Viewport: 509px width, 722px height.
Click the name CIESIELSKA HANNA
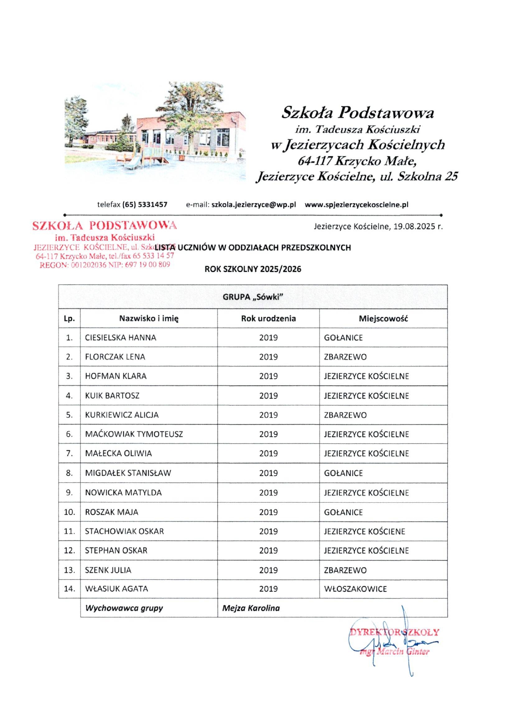[120, 337]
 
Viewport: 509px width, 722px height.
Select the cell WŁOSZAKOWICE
[355, 589]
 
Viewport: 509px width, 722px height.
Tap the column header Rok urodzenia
[268, 318]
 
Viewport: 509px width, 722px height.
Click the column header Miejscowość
[383, 318]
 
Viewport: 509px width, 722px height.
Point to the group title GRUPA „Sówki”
[253, 297]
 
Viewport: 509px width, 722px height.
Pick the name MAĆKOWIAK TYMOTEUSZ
[134, 434]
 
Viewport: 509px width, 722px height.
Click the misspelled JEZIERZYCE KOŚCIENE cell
[364, 531]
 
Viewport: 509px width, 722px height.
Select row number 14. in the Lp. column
[69, 589]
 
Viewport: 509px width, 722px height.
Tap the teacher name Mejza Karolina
[251, 608]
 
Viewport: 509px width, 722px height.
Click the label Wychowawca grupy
[124, 608]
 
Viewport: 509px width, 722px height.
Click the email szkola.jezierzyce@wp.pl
[253, 204]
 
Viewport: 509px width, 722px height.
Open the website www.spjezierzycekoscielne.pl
[356, 204]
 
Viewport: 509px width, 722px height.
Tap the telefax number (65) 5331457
[145, 204]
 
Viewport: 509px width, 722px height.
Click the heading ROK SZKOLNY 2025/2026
[253, 269]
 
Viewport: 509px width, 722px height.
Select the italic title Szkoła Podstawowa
[358, 112]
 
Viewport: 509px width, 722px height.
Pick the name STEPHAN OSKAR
[116, 550]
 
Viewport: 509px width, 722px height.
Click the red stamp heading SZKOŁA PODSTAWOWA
[105, 225]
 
